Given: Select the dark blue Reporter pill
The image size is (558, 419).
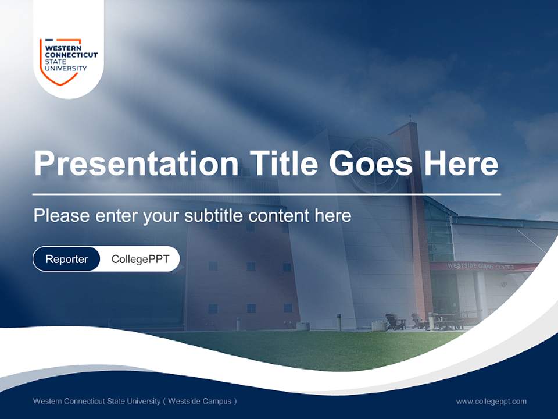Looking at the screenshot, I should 67,259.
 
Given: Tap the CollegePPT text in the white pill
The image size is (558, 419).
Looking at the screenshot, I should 140,259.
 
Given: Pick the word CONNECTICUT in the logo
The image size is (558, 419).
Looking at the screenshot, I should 71,55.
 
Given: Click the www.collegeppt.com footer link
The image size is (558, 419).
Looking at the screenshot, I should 491,401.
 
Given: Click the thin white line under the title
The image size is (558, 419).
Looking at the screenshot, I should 266,194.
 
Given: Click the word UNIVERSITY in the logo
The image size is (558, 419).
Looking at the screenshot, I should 66,68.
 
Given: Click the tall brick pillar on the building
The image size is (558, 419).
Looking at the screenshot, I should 420,221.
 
